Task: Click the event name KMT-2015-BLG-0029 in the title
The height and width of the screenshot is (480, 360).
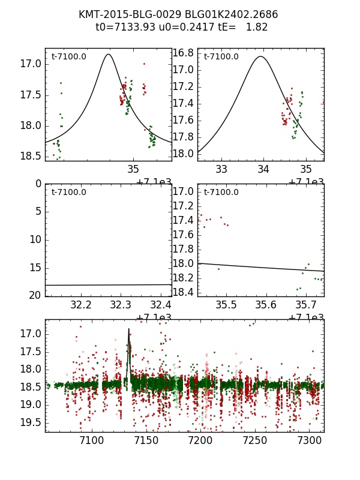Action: click(x=122, y=14)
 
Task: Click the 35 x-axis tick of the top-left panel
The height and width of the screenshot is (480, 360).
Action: click(x=133, y=169)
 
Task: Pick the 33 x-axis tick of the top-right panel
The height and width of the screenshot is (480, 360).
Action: click(x=221, y=169)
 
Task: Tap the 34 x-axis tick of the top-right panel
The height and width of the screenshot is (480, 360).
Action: click(x=264, y=169)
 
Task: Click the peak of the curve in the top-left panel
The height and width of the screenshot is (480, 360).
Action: click(x=108, y=54)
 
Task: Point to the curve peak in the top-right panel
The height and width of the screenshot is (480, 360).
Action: click(x=260, y=56)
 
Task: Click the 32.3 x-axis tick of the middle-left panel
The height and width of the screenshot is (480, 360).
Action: click(x=121, y=304)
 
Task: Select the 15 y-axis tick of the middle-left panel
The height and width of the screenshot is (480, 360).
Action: click(x=35, y=267)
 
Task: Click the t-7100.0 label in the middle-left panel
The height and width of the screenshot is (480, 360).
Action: click(x=68, y=192)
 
